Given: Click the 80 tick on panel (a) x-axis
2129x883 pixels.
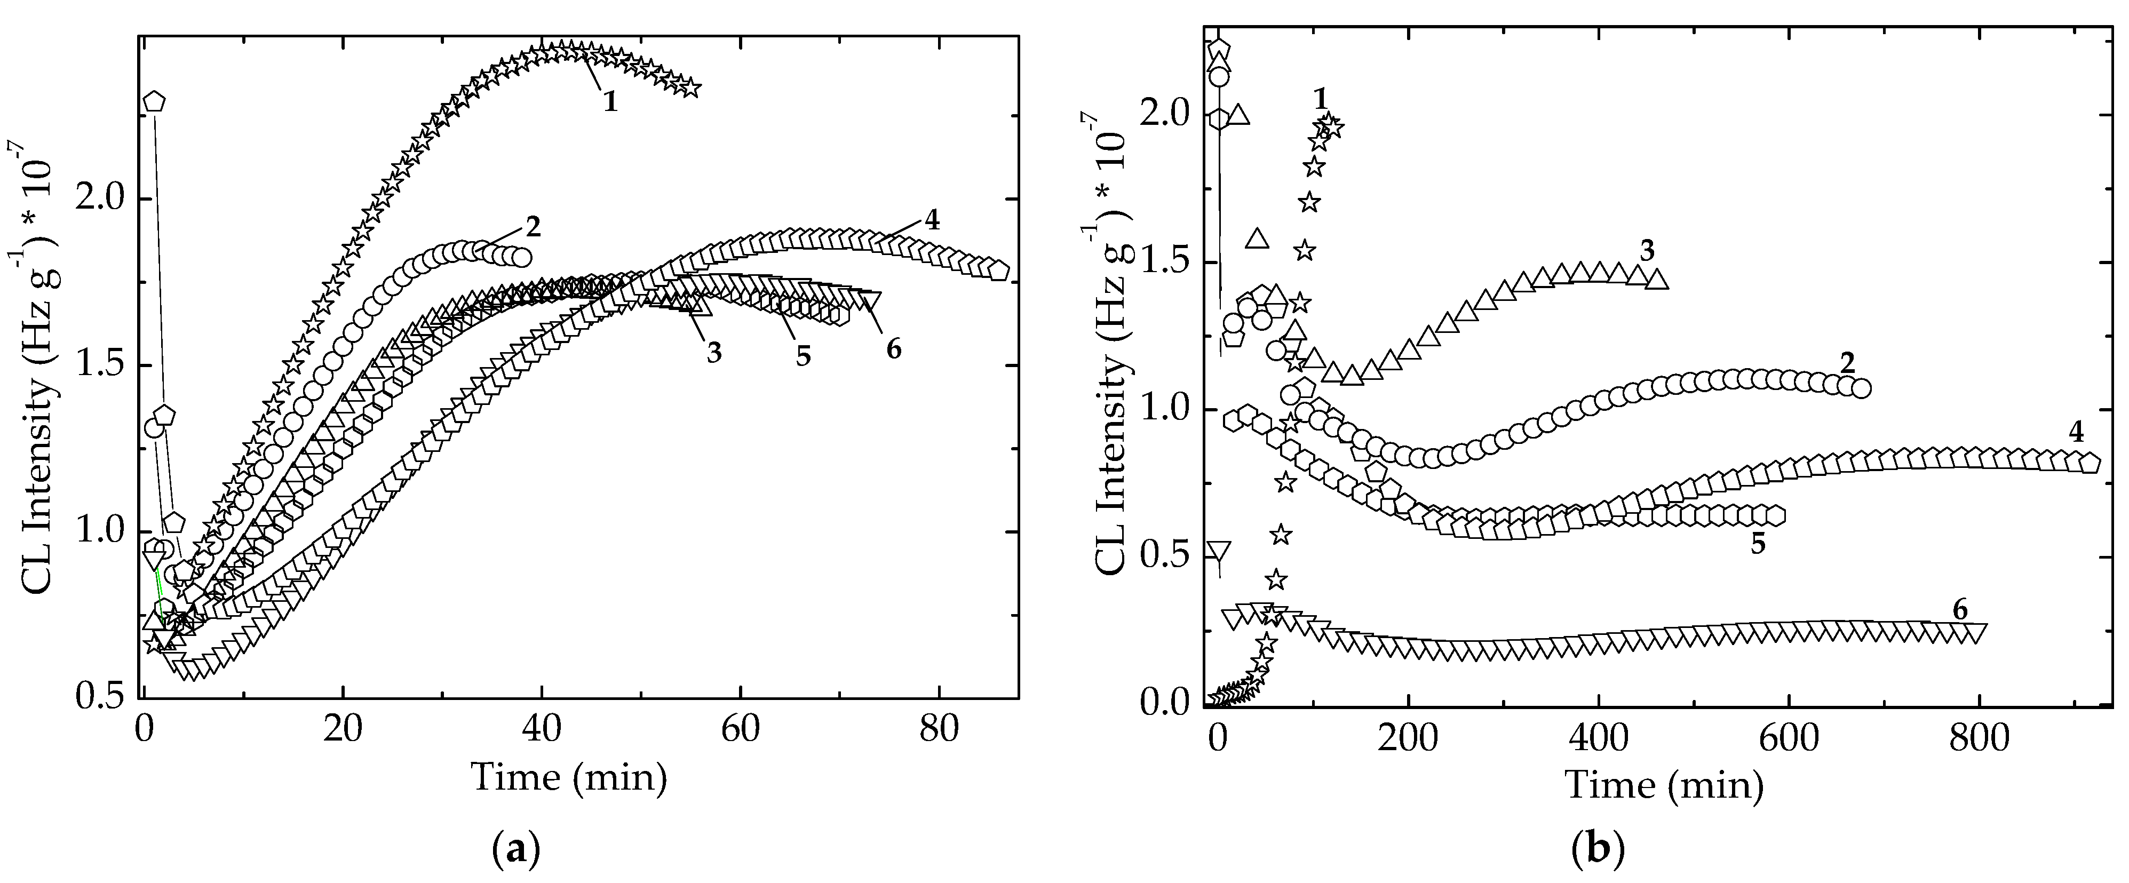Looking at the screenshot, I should click(x=939, y=734).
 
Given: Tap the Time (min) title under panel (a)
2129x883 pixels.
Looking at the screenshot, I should click(x=569, y=778).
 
